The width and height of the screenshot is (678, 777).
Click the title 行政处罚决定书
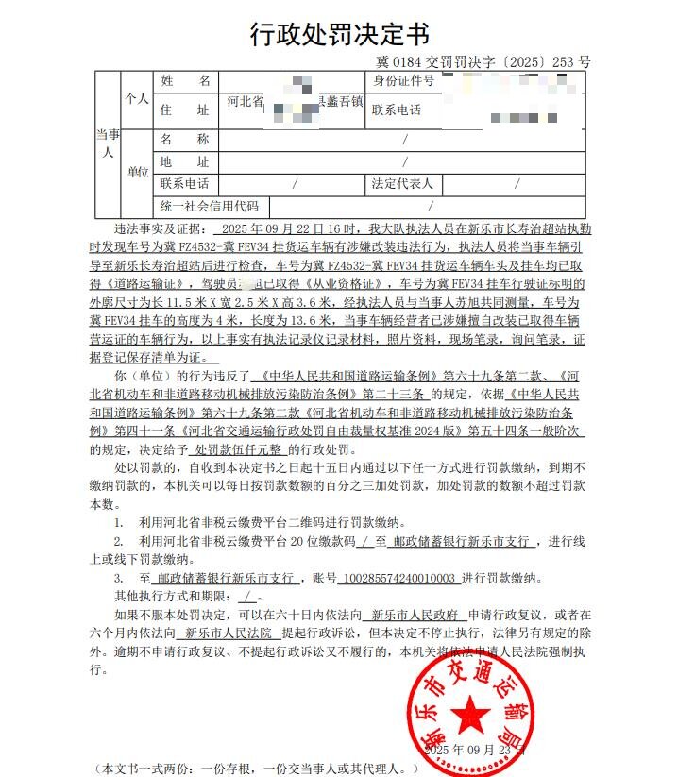[x=339, y=35]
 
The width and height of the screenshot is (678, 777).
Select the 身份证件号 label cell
[x=403, y=82]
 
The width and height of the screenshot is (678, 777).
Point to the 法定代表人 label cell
[x=403, y=183]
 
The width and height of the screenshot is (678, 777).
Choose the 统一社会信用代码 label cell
[x=209, y=206]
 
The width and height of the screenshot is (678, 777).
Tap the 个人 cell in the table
[x=137, y=98]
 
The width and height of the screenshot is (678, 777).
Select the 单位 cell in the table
[x=137, y=172]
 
